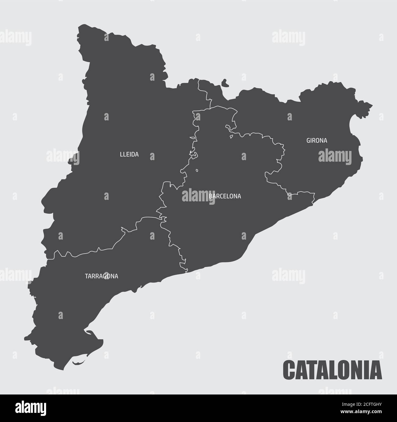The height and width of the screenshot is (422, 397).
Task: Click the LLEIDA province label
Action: (129, 155)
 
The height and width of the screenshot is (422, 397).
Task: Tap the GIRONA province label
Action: (317, 141)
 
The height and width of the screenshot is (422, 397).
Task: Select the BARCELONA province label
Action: (225, 196)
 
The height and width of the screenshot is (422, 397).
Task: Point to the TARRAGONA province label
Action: (101, 276)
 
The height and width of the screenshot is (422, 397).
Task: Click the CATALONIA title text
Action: (333, 369)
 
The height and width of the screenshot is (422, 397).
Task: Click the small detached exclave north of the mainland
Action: (225, 83)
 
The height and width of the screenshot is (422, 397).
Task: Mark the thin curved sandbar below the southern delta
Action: (78, 363)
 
